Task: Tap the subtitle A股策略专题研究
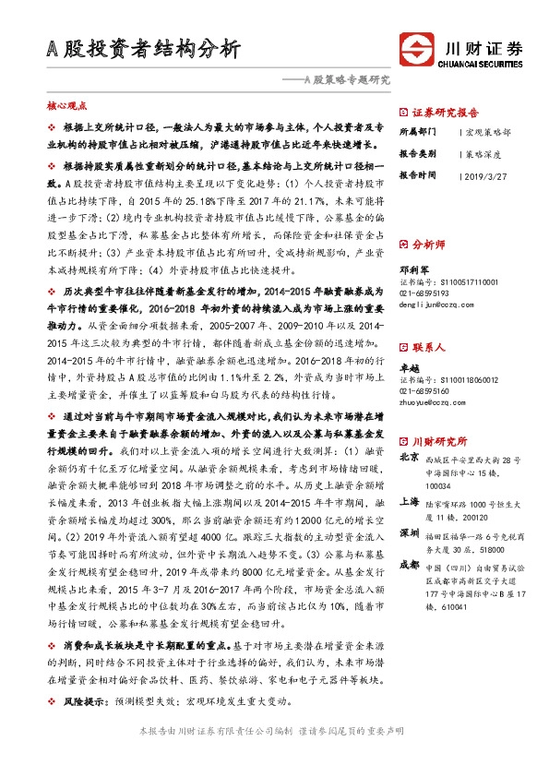(x=347, y=80)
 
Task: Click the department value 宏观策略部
(x=490, y=132)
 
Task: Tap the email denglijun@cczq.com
(x=436, y=302)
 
